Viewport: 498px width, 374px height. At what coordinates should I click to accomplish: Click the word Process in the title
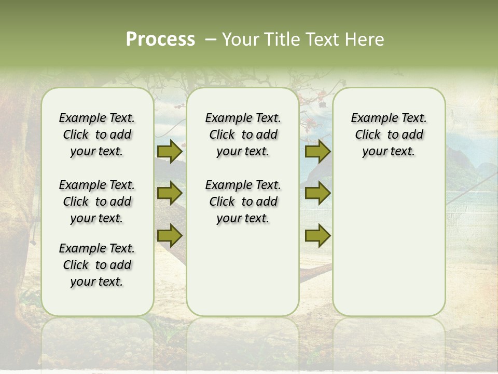[160, 39]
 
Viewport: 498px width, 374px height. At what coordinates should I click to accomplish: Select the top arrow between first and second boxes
[169, 151]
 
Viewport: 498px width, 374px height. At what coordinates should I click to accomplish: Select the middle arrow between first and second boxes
[169, 194]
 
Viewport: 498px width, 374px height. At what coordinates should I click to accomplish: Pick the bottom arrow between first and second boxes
[169, 236]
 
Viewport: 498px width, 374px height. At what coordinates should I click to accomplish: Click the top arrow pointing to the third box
[317, 151]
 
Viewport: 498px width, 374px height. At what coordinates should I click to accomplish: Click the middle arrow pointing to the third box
[317, 194]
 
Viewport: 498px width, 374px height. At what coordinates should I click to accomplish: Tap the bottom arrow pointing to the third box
[317, 236]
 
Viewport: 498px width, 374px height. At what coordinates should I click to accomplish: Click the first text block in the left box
[97, 135]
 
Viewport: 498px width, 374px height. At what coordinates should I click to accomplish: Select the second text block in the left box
[97, 202]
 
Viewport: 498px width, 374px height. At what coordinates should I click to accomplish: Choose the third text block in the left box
[97, 265]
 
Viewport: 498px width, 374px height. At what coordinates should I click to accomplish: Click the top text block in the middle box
[243, 135]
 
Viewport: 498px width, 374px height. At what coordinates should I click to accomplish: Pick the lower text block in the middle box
[243, 202]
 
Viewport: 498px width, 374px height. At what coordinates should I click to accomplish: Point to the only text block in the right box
[389, 135]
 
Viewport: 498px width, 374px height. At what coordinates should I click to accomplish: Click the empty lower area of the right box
[389, 244]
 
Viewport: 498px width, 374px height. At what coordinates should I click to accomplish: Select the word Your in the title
[240, 39]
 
